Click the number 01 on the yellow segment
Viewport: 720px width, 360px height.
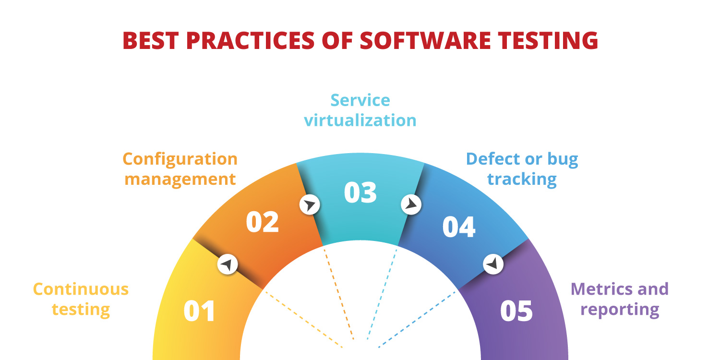coord(200,311)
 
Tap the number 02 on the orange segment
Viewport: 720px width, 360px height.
coord(262,222)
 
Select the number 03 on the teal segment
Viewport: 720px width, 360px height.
coord(360,192)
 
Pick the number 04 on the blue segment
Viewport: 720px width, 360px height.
coord(459,227)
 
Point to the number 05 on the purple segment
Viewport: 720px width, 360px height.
coord(516,311)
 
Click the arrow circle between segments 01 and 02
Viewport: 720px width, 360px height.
coord(228,264)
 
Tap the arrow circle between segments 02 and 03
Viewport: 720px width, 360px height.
coord(310,205)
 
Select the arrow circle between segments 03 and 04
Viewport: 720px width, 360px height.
coord(411,204)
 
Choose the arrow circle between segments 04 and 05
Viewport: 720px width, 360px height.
coord(493,264)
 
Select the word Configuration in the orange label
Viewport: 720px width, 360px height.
coord(180,158)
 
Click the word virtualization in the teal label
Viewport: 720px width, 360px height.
coord(360,120)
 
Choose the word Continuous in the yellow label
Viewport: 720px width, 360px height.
coord(81,289)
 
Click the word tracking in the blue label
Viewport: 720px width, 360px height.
coord(522,179)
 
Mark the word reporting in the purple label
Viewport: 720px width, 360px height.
coord(620,310)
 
